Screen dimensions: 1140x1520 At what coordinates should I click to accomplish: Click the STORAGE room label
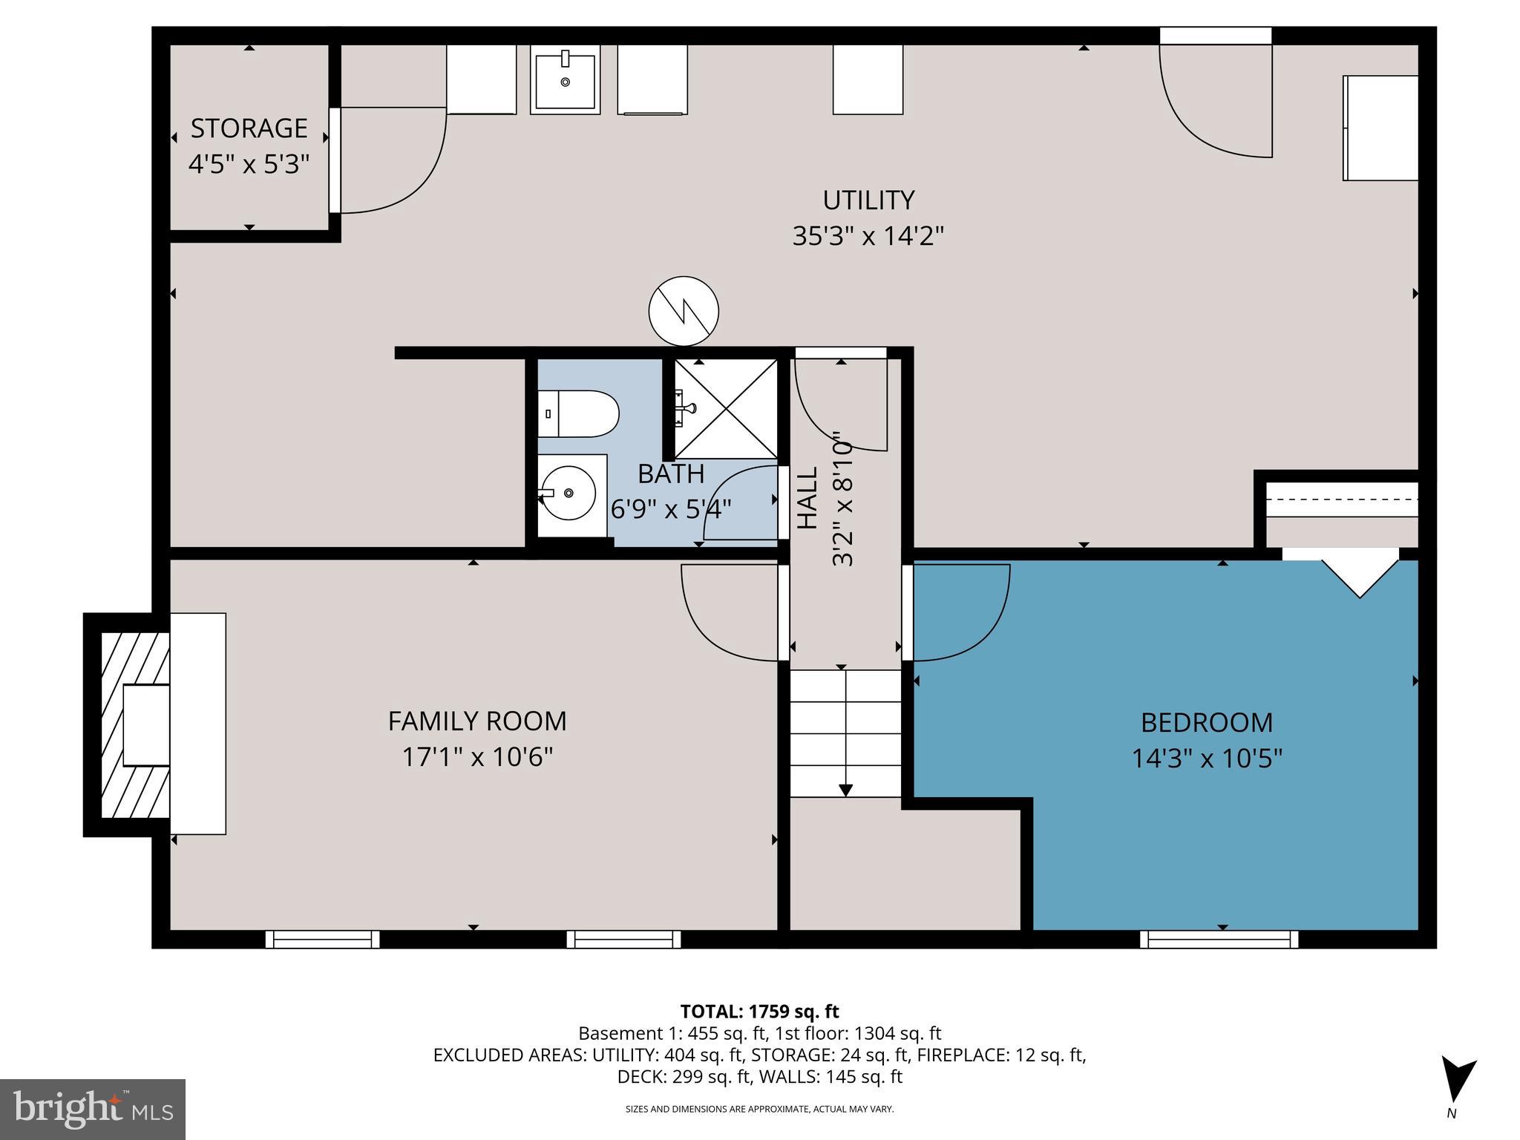[x=249, y=128]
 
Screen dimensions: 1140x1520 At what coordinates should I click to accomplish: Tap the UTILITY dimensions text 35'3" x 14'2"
[x=868, y=236]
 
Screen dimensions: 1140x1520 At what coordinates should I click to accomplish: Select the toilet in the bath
[x=579, y=414]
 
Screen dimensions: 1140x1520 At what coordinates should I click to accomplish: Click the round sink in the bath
[x=569, y=493]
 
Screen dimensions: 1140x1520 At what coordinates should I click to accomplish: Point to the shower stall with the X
[x=726, y=408]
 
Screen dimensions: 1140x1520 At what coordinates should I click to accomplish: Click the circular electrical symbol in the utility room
[x=684, y=311]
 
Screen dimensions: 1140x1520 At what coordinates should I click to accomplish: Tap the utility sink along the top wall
[x=565, y=79]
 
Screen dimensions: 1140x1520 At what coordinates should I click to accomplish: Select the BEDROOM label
[x=1206, y=722]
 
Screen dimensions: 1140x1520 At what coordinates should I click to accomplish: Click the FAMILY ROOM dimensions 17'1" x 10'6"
[x=477, y=757]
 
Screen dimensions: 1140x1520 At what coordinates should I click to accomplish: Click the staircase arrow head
[x=845, y=790]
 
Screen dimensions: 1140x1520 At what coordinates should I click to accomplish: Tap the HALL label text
[x=807, y=497]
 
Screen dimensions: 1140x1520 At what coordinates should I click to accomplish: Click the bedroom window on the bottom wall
[x=1219, y=940]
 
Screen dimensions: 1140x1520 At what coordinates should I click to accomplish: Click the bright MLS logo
[x=93, y=1110]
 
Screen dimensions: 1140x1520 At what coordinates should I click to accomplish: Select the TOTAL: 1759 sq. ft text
[x=759, y=1011]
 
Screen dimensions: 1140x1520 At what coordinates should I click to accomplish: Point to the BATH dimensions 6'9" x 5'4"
[x=671, y=509]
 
